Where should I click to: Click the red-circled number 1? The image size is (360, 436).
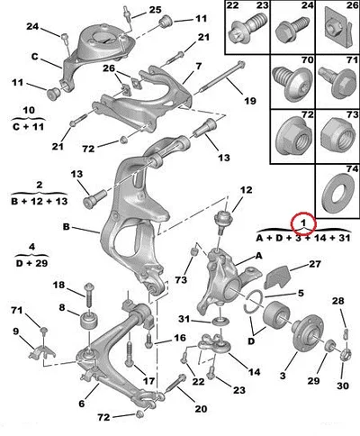pyautogui.click(x=303, y=223)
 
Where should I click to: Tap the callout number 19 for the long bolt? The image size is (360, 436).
pyautogui.click(x=250, y=101)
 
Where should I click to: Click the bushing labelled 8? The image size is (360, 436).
pyautogui.click(x=90, y=321)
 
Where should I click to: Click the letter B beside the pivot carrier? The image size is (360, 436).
pyautogui.click(x=67, y=227)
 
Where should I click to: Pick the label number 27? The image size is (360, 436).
pyautogui.click(x=315, y=264)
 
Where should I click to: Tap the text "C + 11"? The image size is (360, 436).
pyautogui.click(x=28, y=127)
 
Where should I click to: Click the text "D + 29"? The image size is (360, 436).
pyautogui.click(x=32, y=263)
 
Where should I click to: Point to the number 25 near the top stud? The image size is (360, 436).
pyautogui.click(x=156, y=10)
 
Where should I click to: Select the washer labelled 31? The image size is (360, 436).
pyautogui.click(x=220, y=322)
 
